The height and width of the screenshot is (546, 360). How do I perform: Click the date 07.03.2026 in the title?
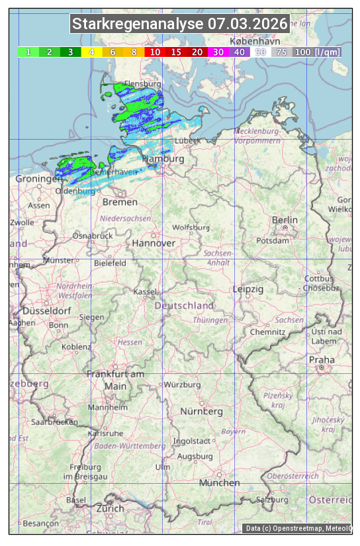(247, 24)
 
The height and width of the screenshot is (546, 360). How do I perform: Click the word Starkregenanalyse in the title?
(138, 24)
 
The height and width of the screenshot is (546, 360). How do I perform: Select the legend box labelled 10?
(155, 52)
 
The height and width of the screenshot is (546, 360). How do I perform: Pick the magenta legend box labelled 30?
(218, 52)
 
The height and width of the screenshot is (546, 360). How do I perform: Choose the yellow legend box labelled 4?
(92, 52)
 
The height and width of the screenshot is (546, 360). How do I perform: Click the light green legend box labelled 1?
(28, 52)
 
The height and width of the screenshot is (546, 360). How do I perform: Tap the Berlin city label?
(285, 220)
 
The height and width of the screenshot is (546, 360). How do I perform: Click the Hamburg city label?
(163, 159)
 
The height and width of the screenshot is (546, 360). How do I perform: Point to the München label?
(219, 482)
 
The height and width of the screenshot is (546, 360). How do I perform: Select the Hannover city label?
(154, 243)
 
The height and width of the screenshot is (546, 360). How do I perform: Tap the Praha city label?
(322, 359)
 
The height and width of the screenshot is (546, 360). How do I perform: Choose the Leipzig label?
(248, 289)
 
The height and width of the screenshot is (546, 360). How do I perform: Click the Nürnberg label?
(202, 411)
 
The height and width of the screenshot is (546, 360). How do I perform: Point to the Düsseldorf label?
(46, 310)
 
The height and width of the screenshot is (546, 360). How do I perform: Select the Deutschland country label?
(184, 305)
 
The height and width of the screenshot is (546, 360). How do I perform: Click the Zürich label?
(110, 508)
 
